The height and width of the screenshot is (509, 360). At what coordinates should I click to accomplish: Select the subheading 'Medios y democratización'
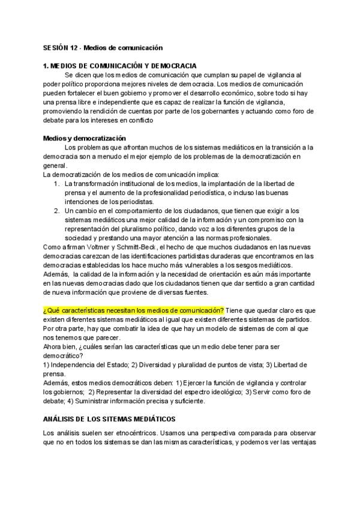click(84, 138)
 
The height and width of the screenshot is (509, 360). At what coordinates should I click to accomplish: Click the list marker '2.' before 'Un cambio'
click(56, 211)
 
